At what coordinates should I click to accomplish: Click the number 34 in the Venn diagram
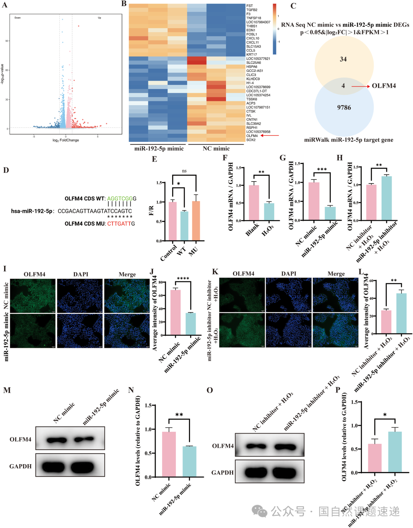coord(343,59)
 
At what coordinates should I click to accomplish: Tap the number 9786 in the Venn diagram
coord(344,107)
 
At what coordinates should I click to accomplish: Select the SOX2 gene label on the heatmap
coord(251,140)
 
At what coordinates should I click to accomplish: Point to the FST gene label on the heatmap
coord(249,6)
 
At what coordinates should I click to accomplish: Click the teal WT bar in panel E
coord(184,226)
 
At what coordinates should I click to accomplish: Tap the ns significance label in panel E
coord(184,171)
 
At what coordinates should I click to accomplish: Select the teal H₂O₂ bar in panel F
coord(269,211)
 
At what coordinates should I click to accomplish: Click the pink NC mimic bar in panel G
coord(314,201)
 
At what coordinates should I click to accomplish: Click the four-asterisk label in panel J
coord(183,279)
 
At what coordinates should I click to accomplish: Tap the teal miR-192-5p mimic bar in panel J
coord(190,324)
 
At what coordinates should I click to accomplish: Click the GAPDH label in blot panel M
coord(20,466)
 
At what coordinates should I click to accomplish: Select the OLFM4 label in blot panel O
coord(223,446)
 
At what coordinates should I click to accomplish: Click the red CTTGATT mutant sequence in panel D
coord(119,224)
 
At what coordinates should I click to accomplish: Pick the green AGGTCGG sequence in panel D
coord(120,199)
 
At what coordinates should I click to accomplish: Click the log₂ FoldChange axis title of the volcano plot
coord(66,140)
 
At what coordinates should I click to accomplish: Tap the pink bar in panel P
coord(374,458)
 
